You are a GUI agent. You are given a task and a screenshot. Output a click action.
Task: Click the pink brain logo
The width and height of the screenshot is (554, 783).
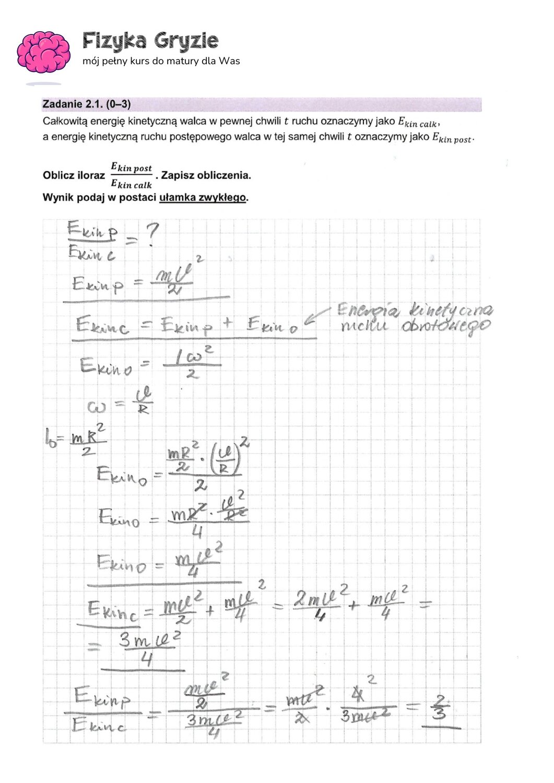(x=43, y=52)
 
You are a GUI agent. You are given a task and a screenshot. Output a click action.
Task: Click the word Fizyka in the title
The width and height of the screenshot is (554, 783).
(x=113, y=41)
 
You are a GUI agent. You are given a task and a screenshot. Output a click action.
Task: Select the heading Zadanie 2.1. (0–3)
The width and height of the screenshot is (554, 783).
(x=86, y=104)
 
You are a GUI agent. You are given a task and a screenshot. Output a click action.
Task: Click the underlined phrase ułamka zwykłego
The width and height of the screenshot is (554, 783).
(x=202, y=198)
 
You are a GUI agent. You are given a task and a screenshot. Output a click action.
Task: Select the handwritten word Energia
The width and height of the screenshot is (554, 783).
(x=368, y=311)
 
